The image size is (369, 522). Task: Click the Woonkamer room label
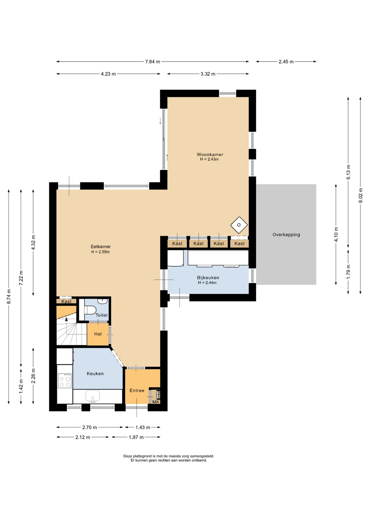210,154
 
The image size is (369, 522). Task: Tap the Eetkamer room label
101,246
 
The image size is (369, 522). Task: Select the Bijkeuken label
208,278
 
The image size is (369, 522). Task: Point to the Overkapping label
286,235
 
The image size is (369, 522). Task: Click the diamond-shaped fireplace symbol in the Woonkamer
239,225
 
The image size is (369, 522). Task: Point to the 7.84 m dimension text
153,62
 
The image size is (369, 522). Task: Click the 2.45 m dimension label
286,62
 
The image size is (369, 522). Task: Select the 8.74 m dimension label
9,297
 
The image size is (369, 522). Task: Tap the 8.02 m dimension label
361,195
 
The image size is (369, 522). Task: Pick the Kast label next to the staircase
66,302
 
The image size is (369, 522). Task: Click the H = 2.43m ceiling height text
210,159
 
